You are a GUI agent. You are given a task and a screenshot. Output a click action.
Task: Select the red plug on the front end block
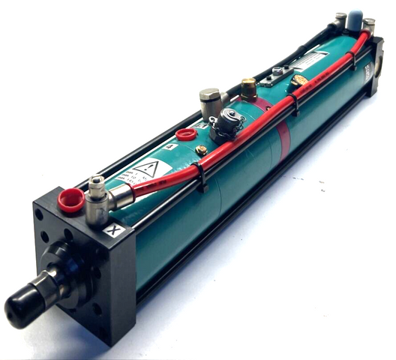(71, 200)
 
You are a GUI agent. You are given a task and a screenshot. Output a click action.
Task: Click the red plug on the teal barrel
(185, 135)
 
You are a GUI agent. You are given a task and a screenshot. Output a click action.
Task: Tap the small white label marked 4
(174, 147)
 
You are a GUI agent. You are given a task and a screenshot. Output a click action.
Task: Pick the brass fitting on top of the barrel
(247, 90)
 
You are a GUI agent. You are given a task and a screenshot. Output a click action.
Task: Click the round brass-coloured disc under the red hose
(301, 79)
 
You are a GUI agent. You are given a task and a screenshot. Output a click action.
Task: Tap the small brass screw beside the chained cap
(201, 150)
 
